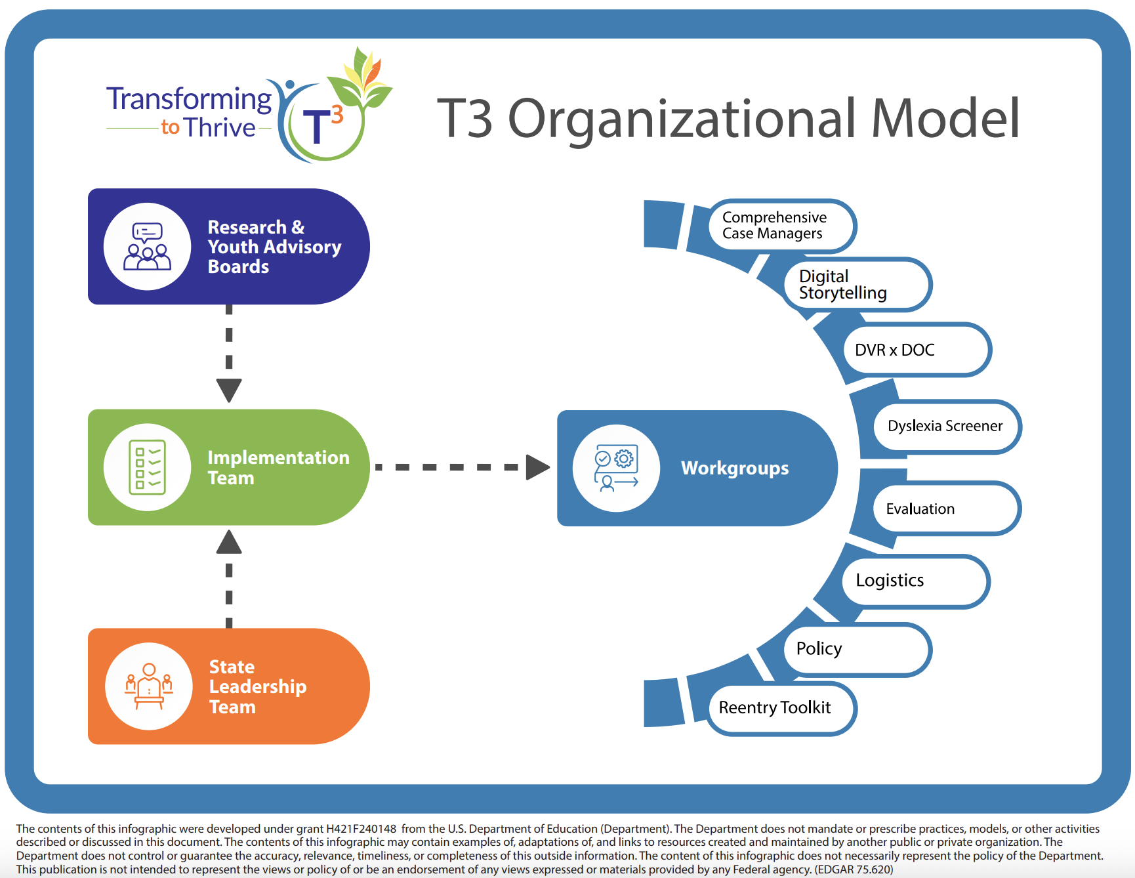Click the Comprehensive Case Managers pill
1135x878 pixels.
point(781,226)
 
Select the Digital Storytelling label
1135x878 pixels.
point(856,285)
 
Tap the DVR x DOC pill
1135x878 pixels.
point(916,350)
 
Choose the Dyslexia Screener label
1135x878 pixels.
point(945,427)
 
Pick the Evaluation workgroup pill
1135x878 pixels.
point(945,509)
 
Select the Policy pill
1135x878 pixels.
point(856,649)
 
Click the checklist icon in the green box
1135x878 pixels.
point(148,467)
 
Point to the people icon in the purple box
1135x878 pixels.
point(148,247)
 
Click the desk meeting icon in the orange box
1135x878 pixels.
point(149,686)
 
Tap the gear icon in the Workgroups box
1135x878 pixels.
point(624,458)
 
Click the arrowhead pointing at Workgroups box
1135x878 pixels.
point(537,467)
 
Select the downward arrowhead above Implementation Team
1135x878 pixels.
point(229,390)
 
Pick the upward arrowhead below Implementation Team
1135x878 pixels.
point(229,542)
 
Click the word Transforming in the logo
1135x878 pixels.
point(189,99)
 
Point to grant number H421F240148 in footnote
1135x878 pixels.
point(361,829)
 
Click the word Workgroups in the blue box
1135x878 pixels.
point(735,469)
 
